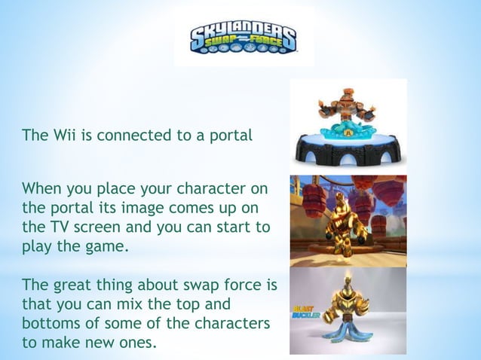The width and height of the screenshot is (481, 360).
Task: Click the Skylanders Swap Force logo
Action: coord(243,38)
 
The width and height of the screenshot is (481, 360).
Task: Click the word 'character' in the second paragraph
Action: coord(234,188)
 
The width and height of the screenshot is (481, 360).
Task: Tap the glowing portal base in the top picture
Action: coord(348,147)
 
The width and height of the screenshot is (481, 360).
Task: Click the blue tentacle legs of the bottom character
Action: coord(348,331)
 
